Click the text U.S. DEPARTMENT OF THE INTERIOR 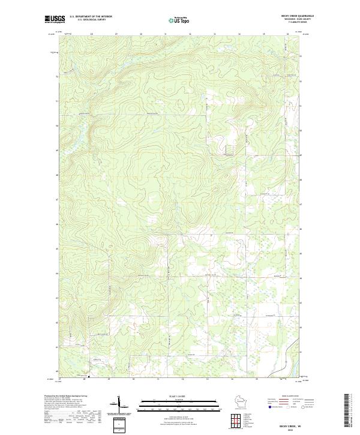tap(91, 16)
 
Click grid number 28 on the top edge tap(91, 34)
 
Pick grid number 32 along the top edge tap(190, 34)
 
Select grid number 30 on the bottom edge tap(133, 379)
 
